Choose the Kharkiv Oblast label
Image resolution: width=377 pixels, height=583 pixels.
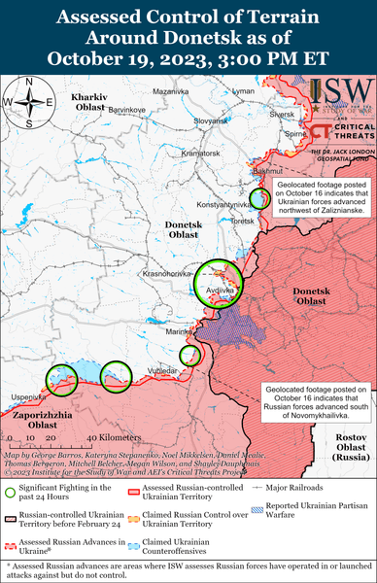click(x=92, y=103)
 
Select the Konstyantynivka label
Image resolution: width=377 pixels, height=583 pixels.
click(x=223, y=204)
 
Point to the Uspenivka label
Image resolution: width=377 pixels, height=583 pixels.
click(x=27, y=396)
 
